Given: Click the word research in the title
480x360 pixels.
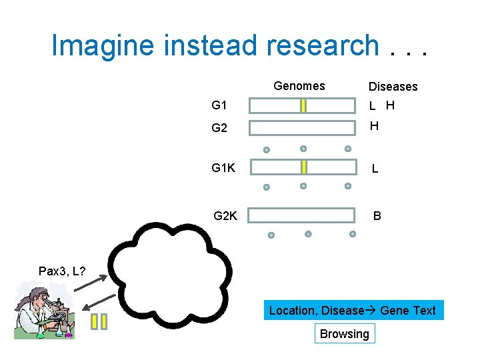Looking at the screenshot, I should (323, 46).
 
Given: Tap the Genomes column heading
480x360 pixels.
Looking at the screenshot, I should (299, 86).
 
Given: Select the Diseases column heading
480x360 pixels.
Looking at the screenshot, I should (393, 87).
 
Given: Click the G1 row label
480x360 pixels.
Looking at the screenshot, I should (219, 105).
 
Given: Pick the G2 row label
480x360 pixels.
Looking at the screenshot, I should (219, 128).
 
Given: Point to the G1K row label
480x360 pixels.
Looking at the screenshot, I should (223, 167).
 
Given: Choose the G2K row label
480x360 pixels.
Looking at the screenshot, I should (225, 215).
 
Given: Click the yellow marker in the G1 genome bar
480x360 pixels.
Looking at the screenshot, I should (303, 105).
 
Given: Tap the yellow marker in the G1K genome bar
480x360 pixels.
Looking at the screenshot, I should (303, 167).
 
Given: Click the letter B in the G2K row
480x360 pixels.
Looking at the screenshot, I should (377, 216).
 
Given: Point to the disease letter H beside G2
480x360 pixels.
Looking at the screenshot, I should (374, 126).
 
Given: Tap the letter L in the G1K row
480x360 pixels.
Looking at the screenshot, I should (375, 169).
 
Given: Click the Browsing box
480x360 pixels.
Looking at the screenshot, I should (344, 334).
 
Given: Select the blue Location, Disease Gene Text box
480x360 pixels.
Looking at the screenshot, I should (353, 311).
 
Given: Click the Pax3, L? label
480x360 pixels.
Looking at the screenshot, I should (62, 271).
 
